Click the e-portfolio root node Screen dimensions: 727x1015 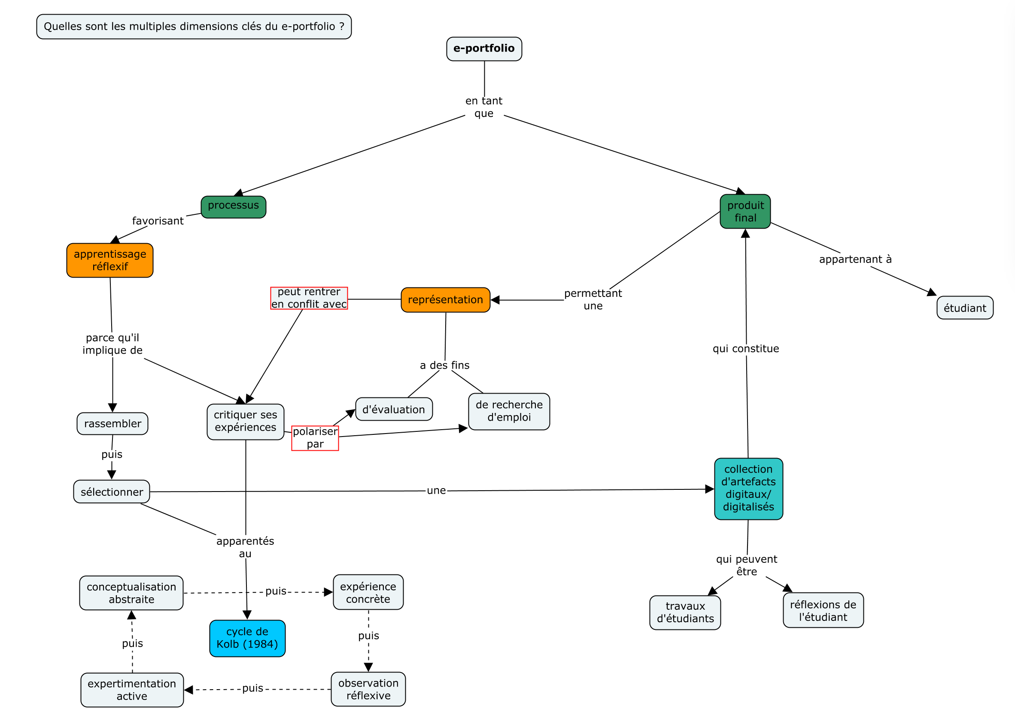coord(483,49)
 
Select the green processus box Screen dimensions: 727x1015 coord(233,207)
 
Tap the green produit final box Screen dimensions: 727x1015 coord(745,211)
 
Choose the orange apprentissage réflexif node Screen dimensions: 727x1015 coord(109,260)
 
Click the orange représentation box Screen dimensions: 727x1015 coord(445,299)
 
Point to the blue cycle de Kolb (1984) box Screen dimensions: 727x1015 coord(247,638)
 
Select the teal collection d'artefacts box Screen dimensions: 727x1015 coord(748,489)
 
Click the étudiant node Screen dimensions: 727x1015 coord(964,308)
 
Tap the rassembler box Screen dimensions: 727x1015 coord(112,424)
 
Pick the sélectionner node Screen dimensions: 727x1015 coord(111,492)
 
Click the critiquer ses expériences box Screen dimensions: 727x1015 coord(245,421)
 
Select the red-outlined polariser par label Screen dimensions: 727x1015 coord(315,438)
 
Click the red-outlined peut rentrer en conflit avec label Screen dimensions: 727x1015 coord(309,298)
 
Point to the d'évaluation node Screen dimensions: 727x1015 coord(393,409)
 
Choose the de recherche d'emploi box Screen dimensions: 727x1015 coord(509,411)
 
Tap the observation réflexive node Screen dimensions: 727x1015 coord(368,689)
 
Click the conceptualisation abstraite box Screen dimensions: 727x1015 coord(131,593)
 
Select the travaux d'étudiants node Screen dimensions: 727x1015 coord(684,612)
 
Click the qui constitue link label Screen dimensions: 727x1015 coord(745,348)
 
